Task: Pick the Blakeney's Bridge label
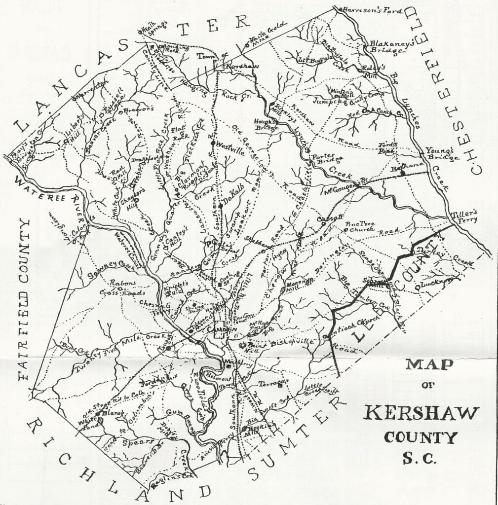point(388,48)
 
